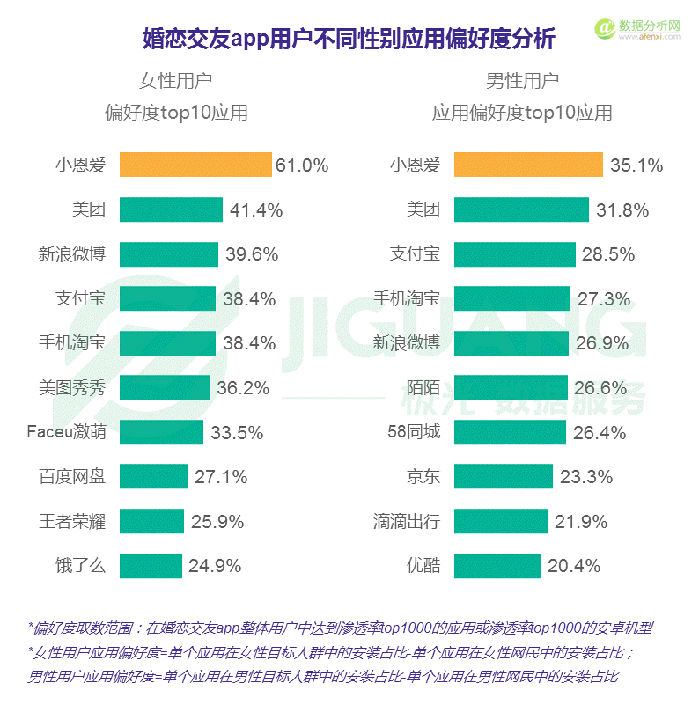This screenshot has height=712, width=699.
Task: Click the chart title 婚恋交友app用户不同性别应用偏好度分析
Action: click(349, 39)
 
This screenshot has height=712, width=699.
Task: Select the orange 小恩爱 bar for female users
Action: click(195, 165)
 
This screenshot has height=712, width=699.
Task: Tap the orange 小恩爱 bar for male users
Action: click(528, 165)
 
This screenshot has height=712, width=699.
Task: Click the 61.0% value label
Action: click(302, 165)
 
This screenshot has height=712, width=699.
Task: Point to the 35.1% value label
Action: click(636, 165)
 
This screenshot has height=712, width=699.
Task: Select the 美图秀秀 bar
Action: click(165, 387)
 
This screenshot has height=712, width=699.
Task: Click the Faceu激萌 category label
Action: click(66, 432)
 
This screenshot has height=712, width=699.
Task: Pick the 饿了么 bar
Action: click(150, 565)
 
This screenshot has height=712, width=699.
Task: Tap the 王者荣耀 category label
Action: click(72, 521)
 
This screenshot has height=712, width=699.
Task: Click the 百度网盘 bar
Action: click(153, 476)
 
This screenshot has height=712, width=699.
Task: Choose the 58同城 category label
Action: click(414, 432)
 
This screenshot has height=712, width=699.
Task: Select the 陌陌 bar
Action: click(511, 387)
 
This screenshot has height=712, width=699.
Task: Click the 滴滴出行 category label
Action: click(406, 521)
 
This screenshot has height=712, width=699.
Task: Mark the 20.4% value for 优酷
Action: click(574, 566)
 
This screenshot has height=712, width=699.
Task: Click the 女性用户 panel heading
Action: click(176, 82)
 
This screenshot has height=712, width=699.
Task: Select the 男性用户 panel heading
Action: click(522, 82)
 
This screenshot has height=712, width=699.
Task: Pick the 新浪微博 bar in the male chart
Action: click(511, 343)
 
